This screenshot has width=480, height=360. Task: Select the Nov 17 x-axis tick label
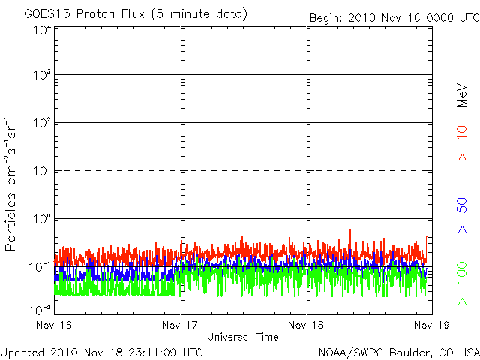coord(181,325)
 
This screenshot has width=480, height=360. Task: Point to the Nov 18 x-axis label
coord(306,325)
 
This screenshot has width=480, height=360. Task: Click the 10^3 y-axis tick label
coord(41,75)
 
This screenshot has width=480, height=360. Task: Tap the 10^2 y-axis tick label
coord(41,123)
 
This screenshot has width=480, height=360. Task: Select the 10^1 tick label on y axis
coord(41,171)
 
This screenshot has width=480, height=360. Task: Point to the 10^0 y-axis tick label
coord(41,219)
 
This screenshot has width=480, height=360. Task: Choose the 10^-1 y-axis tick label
coord(40,266)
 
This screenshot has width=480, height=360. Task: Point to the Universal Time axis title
coord(243,337)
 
